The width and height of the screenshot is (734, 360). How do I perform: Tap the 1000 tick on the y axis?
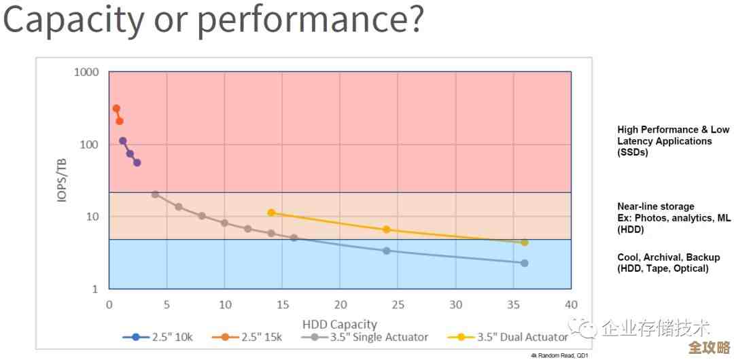pos(86,72)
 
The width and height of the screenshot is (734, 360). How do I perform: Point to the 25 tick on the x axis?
pos(398,304)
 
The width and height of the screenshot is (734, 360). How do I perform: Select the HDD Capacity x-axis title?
pos(339,324)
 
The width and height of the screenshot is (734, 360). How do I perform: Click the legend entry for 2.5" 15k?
pos(247,337)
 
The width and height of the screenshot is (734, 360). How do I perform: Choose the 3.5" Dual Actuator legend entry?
pos(508,337)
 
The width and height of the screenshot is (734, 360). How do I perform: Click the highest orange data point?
pos(116,109)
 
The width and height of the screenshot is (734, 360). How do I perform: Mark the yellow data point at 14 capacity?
pos(271,213)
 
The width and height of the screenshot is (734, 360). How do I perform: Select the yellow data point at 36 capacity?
pos(525,242)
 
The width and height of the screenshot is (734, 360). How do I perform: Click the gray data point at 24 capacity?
pos(387,251)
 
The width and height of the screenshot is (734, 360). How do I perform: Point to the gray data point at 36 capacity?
pos(525,263)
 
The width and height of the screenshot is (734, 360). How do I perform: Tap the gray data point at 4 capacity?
pos(155,194)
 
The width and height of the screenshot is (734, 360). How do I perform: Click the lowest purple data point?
pos(137,163)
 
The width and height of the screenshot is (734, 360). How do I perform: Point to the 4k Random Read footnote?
pos(559,355)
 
